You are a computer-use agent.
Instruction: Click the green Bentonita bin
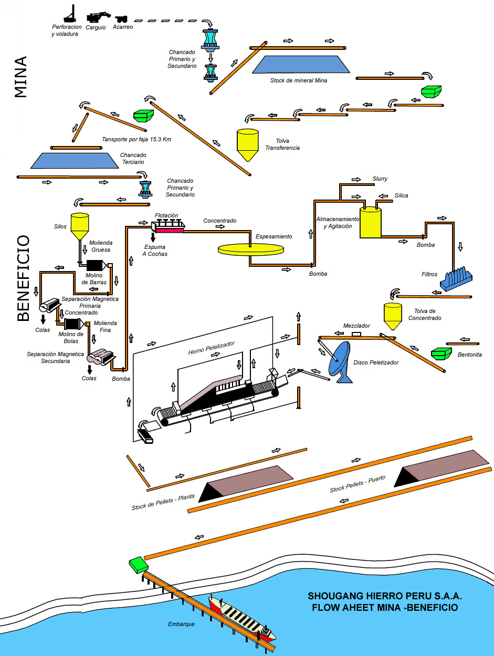click(441, 353)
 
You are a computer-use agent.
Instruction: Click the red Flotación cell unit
click(169, 227)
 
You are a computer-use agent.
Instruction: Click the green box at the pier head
click(139, 565)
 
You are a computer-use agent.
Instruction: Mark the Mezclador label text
click(356, 326)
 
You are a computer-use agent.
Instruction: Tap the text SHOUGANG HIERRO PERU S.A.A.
click(385, 597)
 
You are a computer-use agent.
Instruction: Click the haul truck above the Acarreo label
click(121, 18)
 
